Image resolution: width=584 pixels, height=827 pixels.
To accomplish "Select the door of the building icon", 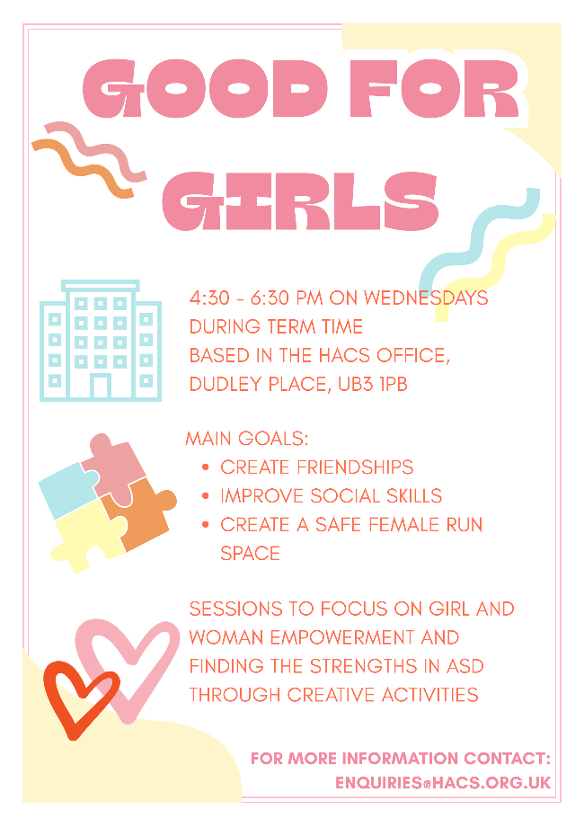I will coord(101,387).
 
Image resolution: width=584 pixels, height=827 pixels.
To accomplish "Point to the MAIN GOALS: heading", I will coord(246,440).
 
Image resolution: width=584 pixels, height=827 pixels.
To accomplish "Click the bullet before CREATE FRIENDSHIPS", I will coord(207,468).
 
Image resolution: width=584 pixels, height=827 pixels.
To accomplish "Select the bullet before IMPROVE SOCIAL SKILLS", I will coord(207,496).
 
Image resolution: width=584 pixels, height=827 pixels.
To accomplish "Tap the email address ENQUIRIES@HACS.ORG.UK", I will coord(443,783).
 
